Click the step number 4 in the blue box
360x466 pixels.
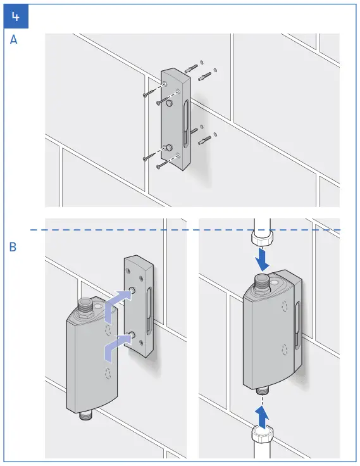(16, 16)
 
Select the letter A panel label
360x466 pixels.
(14, 39)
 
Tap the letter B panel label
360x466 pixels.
(13, 248)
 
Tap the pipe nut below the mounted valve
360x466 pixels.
(261, 435)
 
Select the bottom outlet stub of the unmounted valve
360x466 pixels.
(84, 417)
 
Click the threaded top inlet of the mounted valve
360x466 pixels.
(261, 281)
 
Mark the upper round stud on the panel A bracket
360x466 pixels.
(170, 100)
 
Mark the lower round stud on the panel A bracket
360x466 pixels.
(170, 148)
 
